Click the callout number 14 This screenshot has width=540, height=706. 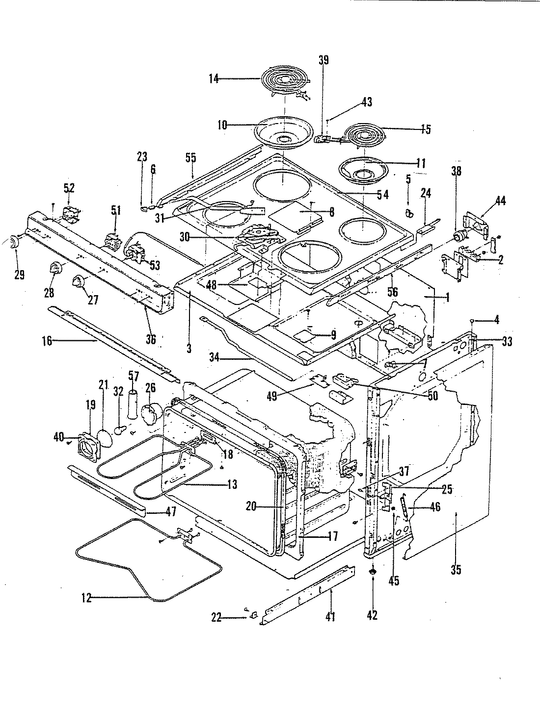[214, 78]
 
